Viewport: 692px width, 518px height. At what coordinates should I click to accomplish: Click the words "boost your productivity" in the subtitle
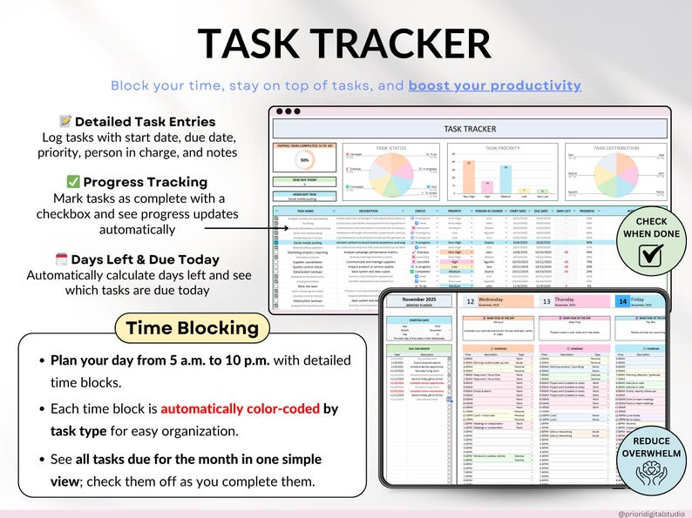pos(494,85)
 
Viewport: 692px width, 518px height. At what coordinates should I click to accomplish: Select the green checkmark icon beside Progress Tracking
pos(73,182)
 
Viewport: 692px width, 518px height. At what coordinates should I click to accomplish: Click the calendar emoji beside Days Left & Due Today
pos(61,259)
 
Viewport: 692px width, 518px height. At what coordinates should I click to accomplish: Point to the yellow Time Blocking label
pos(192,328)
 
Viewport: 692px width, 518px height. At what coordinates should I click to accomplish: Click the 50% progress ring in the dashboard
pos(304,160)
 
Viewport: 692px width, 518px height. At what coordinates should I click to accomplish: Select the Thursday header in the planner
pos(565,298)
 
